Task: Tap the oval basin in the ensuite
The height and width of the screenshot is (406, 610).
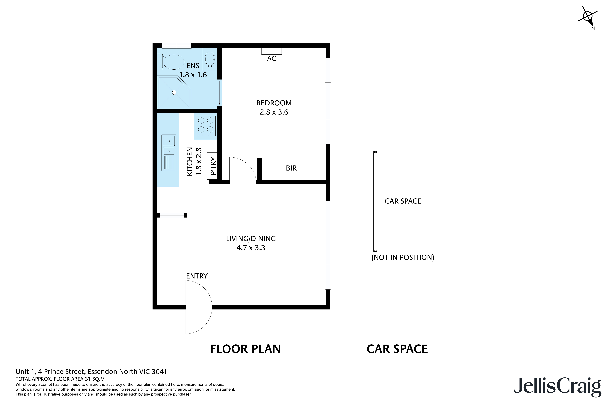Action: [210, 59]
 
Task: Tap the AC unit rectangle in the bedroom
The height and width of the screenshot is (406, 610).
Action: [271, 51]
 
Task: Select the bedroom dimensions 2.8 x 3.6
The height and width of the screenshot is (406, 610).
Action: [274, 112]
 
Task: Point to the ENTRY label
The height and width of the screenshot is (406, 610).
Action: [197, 276]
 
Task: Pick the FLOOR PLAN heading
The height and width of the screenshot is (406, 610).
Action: [245, 349]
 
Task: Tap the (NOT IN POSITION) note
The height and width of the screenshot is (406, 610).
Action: [403, 257]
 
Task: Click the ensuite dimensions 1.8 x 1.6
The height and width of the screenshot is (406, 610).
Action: [193, 75]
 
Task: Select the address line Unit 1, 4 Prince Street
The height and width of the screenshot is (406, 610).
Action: [91, 372]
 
